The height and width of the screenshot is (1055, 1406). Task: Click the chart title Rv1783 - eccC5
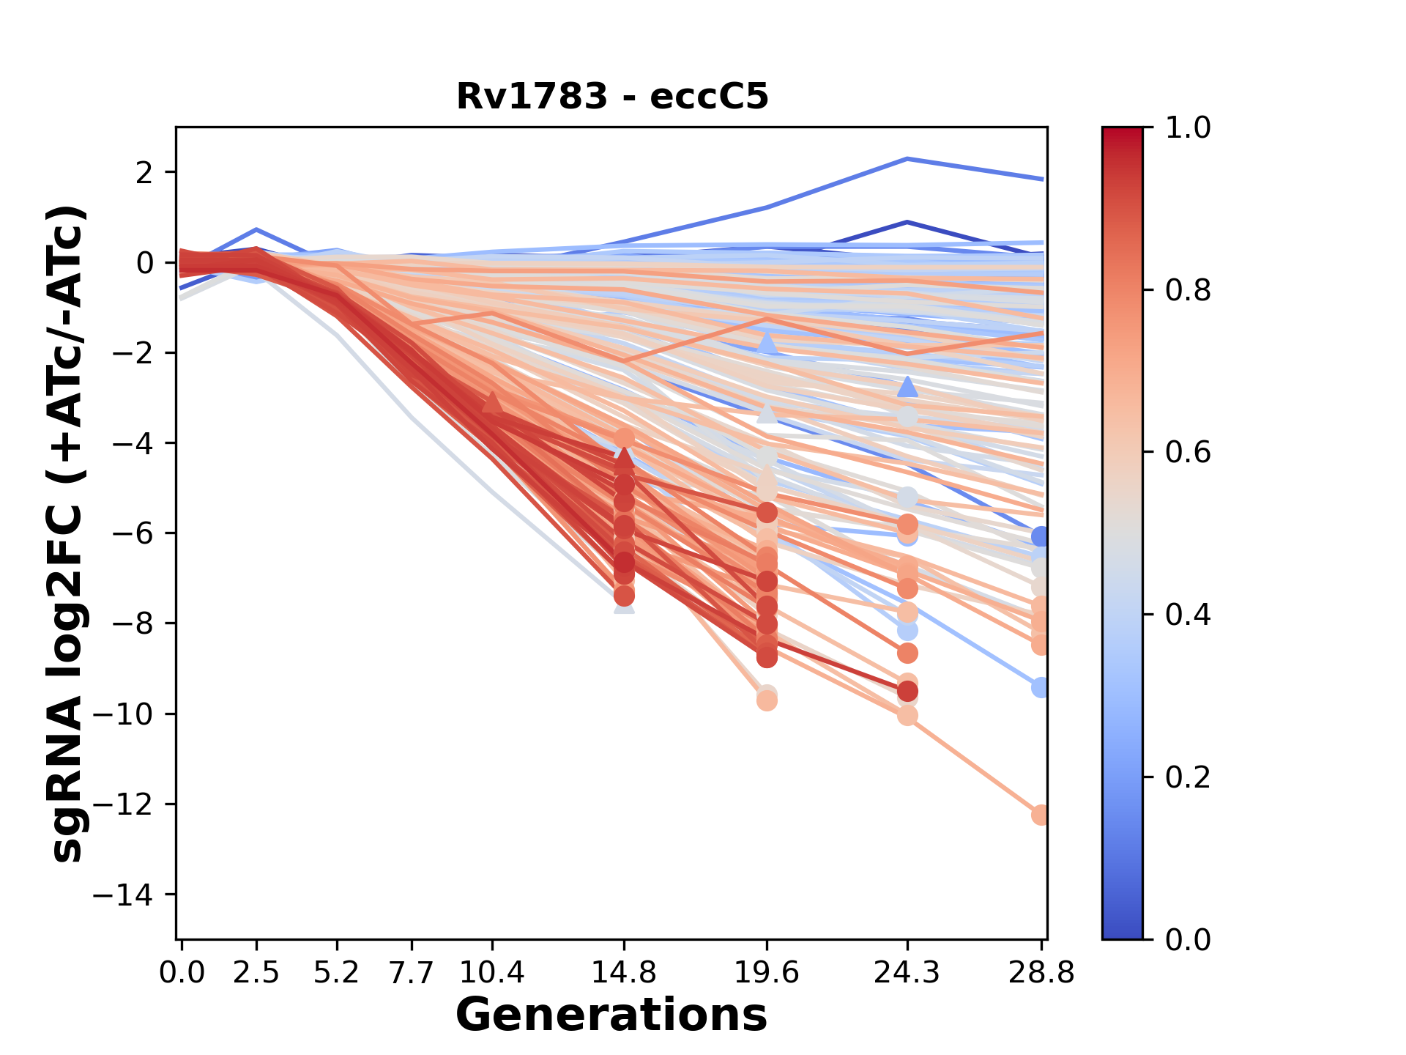pos(612,96)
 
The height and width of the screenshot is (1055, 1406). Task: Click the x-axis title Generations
pos(611,1015)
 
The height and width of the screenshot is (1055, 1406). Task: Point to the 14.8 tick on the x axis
pos(624,972)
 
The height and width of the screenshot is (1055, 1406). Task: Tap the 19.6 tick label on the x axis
pos(767,972)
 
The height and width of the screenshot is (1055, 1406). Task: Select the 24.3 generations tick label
pos(907,972)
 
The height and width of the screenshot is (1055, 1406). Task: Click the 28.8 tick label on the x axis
pos(1041,972)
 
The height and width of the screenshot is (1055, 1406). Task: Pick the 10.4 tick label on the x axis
pos(492,972)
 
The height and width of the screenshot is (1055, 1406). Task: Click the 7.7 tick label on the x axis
pos(413,972)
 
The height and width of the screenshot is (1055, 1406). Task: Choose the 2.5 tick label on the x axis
pos(256,972)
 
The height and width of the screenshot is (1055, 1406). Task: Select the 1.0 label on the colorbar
pos(1188,128)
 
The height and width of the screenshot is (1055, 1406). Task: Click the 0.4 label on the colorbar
pos(1188,615)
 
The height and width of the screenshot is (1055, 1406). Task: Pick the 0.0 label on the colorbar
pos(1188,939)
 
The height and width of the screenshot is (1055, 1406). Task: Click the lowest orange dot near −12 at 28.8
pos(1041,815)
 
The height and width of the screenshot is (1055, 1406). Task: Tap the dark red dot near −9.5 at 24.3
pos(907,691)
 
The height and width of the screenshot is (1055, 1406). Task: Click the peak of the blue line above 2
pos(907,158)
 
